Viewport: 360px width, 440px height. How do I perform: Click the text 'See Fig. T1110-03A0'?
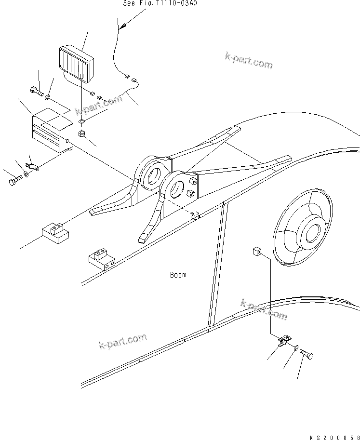[160, 3]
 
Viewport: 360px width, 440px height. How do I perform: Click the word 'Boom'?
[178, 275]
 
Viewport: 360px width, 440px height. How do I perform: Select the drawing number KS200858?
[334, 436]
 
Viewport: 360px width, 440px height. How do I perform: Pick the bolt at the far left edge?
[13, 182]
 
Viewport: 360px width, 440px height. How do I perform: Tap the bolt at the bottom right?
[306, 355]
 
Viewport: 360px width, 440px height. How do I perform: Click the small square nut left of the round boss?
[257, 251]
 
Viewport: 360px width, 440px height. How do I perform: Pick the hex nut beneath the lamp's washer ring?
[82, 133]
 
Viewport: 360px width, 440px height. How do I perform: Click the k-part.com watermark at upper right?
[248, 61]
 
